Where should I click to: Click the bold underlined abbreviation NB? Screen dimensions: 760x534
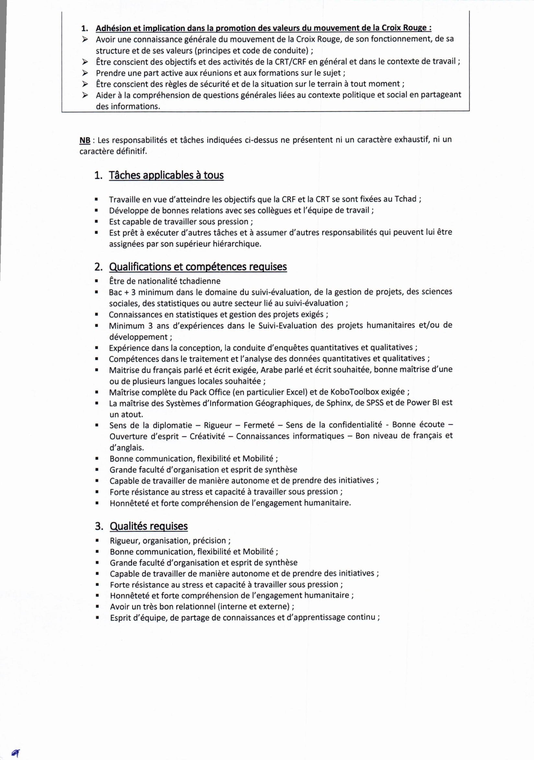click(x=85, y=140)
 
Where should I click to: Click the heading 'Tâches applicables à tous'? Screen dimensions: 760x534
click(x=166, y=175)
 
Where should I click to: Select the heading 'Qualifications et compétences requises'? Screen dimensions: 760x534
click(x=198, y=267)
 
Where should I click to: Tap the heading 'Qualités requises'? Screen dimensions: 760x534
click(x=148, y=526)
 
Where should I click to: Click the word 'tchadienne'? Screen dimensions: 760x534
click(x=200, y=281)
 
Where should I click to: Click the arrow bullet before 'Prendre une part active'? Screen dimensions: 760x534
click(x=85, y=73)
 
